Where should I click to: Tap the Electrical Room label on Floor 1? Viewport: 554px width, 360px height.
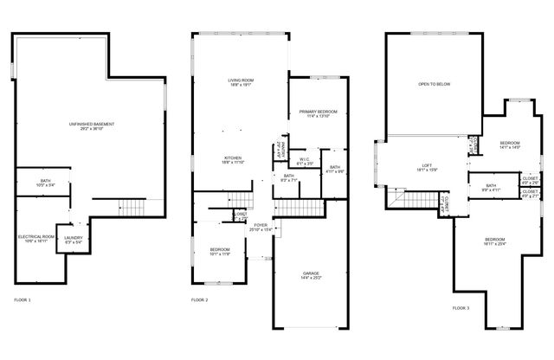tap(36, 239)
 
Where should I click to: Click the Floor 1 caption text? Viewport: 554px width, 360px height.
tap(23, 299)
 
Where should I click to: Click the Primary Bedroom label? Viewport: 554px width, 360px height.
tap(319, 113)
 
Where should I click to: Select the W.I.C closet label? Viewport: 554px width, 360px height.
tap(305, 161)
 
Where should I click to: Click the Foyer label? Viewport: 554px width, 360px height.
tap(260, 227)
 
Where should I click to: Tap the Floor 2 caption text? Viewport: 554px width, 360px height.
tap(199, 299)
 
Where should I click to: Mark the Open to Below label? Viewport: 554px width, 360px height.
tap(434, 85)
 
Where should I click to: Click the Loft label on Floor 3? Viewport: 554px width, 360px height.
tap(427, 166)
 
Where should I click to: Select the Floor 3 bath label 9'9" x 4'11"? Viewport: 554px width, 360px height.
tap(491, 187)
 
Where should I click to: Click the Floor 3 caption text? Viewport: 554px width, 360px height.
tap(461, 307)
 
